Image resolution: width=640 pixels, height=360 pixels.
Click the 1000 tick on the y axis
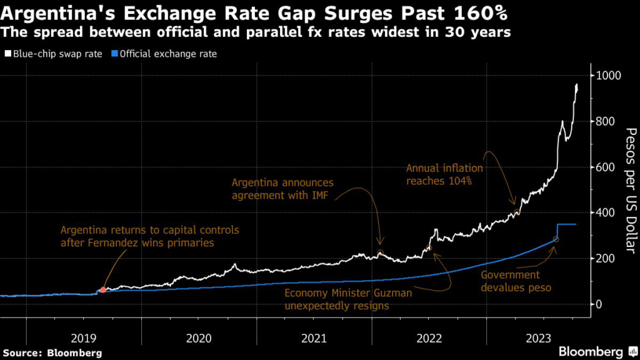[x=607, y=76]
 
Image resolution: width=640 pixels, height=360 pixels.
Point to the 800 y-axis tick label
[x=605, y=121]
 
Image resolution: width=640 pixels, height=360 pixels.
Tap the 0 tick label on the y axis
[x=599, y=304]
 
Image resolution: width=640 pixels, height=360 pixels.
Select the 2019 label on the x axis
[x=84, y=338]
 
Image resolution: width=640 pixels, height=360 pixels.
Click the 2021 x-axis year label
[x=314, y=338]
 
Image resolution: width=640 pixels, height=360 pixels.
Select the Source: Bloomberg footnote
[x=51, y=353]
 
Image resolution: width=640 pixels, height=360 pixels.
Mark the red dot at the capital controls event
[x=103, y=290]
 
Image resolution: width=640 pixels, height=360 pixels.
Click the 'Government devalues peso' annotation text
[x=510, y=281]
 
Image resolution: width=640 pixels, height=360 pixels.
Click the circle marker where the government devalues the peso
[x=556, y=239]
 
